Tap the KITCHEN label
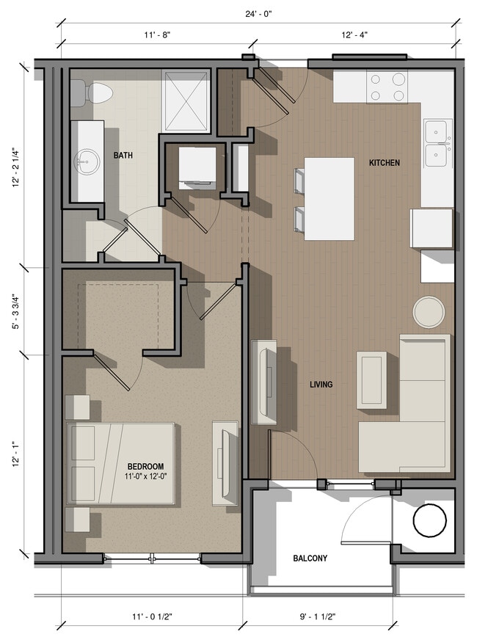coord(384,162)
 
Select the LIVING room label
coord(321,384)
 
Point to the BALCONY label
coord(310,558)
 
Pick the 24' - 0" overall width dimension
coord(258,13)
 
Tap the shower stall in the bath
coord(186,103)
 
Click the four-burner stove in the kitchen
coord(387,87)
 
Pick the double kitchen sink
coord(438,142)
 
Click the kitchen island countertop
coord(329,198)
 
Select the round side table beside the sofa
coord(429,312)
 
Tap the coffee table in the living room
coord(371,379)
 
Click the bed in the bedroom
coord(121,462)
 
